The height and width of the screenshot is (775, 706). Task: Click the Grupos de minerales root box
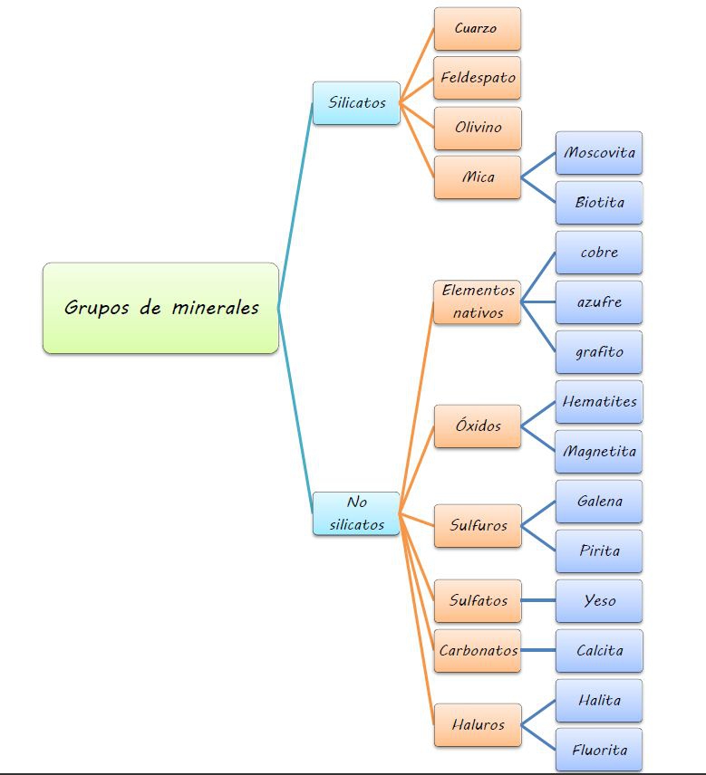pyautogui.click(x=160, y=308)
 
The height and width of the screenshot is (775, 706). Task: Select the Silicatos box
pyautogui.click(x=356, y=103)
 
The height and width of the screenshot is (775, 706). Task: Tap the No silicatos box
pyautogui.click(x=356, y=513)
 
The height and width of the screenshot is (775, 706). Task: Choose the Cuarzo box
pyautogui.click(x=477, y=29)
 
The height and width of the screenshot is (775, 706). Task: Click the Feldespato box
pyautogui.click(x=477, y=78)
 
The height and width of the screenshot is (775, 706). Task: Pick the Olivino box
pyautogui.click(x=477, y=128)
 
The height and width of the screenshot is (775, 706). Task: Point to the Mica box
pyautogui.click(x=477, y=177)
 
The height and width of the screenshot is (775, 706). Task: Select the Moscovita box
pyautogui.click(x=599, y=153)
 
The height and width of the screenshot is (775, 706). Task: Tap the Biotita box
pyautogui.click(x=599, y=203)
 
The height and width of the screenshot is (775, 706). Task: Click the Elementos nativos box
pyautogui.click(x=477, y=302)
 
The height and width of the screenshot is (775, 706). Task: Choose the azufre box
pyautogui.click(x=599, y=302)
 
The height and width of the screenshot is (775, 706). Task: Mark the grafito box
pyautogui.click(x=599, y=352)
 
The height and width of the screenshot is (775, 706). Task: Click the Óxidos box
pyautogui.click(x=477, y=426)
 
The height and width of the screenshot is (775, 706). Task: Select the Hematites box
pyautogui.click(x=599, y=402)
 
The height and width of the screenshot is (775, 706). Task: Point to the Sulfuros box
pyautogui.click(x=477, y=526)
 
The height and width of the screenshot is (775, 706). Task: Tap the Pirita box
pyautogui.click(x=599, y=551)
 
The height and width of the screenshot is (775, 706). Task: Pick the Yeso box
pyautogui.click(x=599, y=601)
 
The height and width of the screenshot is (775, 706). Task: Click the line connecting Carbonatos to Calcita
pyautogui.click(x=538, y=651)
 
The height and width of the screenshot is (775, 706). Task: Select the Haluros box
pyautogui.click(x=477, y=725)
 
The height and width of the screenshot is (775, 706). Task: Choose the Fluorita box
pyautogui.click(x=599, y=751)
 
